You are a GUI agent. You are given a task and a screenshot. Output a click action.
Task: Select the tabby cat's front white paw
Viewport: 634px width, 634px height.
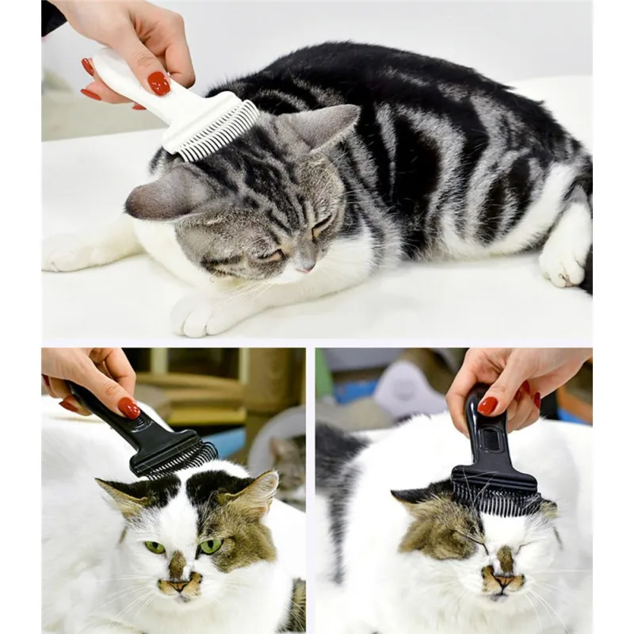click(195, 315)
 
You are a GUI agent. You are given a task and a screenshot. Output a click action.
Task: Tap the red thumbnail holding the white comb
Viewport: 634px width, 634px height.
click(158, 82)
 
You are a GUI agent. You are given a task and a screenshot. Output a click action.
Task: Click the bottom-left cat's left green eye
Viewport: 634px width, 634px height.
click(154, 547)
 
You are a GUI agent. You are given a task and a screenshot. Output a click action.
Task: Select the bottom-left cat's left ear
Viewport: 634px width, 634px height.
click(119, 495)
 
